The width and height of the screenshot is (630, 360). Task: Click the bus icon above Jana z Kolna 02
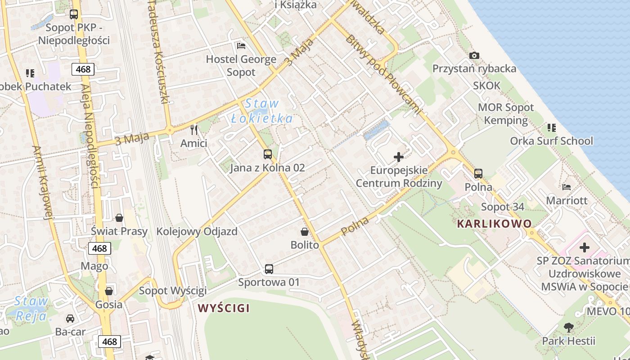pyautogui.click(x=268, y=154)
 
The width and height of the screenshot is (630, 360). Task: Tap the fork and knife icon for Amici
pyautogui.click(x=194, y=130)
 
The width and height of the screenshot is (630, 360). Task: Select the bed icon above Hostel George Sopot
pyautogui.click(x=241, y=46)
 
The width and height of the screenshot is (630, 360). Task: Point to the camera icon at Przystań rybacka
pyautogui.click(x=474, y=56)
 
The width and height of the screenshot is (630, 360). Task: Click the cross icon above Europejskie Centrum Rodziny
pyautogui.click(x=399, y=157)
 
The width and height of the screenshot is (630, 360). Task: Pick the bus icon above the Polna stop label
pyautogui.click(x=478, y=173)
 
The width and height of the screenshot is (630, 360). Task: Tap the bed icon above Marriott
pyautogui.click(x=567, y=187)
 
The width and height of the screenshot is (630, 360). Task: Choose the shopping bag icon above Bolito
pyautogui.click(x=305, y=232)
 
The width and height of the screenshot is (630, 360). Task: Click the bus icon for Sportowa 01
pyautogui.click(x=269, y=269)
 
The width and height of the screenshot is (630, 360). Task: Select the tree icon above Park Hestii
pyautogui.click(x=569, y=327)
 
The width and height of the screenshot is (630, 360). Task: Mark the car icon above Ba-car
pyautogui.click(x=70, y=319)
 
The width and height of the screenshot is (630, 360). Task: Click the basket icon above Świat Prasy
pyautogui.click(x=119, y=218)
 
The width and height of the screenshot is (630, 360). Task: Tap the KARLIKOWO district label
pyautogui.click(x=494, y=224)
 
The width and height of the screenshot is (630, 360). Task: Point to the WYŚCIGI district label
pyautogui.click(x=224, y=308)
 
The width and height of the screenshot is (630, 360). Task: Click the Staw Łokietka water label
pyautogui.click(x=262, y=111)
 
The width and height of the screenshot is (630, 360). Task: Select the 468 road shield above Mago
pyautogui.click(x=99, y=248)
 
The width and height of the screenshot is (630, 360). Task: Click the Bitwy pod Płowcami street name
pyautogui.click(x=384, y=74)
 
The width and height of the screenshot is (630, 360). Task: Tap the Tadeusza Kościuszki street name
pyautogui.click(x=159, y=52)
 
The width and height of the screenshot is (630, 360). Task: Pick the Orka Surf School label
pyautogui.click(x=551, y=141)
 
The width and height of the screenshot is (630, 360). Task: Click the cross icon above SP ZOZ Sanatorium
pyautogui.click(x=584, y=247)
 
